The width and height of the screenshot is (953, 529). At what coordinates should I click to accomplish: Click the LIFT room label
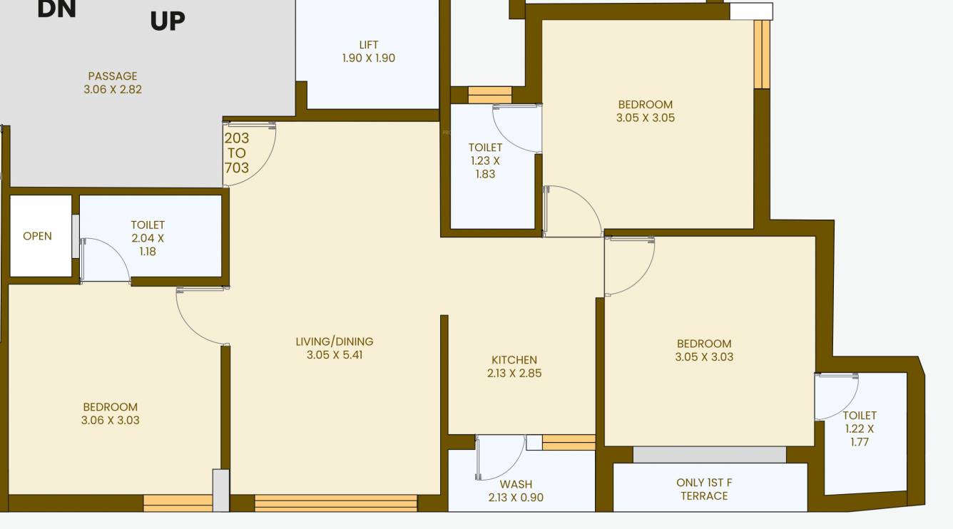369,45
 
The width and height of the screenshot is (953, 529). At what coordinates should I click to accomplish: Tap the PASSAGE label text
113,76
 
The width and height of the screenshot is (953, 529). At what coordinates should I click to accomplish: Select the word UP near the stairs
168,21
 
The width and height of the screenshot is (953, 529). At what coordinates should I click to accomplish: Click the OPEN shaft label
37,236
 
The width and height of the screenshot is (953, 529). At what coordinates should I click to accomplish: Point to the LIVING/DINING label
335,341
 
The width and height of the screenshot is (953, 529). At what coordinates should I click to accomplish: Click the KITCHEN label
514,360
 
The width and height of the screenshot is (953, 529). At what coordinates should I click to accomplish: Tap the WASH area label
516,484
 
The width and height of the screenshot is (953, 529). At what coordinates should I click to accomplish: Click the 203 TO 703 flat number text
237,153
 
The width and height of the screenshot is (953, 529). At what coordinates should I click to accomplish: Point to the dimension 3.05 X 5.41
335,355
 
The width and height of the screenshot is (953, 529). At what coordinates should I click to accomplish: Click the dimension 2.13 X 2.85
514,374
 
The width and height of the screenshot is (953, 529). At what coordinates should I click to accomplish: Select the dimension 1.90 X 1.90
369,58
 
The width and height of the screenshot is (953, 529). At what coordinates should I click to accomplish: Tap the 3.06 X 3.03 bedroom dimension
111,421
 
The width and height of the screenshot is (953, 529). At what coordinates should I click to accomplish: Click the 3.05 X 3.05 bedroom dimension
646,118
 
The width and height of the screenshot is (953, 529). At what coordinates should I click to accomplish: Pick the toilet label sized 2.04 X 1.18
148,238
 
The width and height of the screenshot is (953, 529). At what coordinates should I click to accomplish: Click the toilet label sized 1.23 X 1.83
485,160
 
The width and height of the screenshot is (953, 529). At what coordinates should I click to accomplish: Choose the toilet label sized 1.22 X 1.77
860,428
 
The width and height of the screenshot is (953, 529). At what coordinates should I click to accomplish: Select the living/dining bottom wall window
335,503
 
